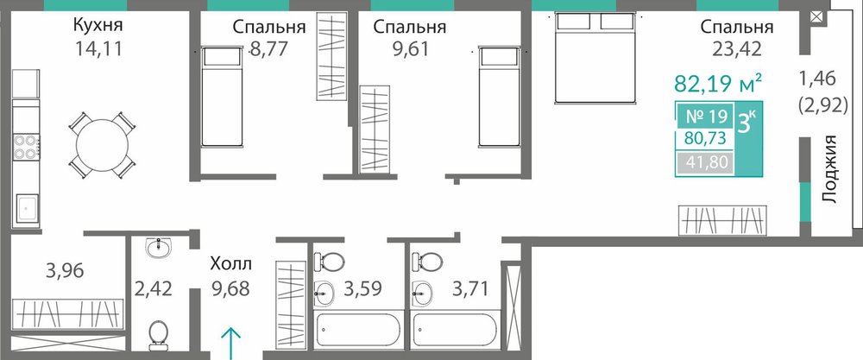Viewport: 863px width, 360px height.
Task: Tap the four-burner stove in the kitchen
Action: coord(26,147)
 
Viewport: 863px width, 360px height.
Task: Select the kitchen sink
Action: coord(27,209)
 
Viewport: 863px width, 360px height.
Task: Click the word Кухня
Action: coord(98,26)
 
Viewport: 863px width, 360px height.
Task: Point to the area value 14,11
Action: coord(98,49)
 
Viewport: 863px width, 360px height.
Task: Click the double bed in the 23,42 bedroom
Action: coord(595,58)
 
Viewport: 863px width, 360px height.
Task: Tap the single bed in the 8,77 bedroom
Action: coord(222,97)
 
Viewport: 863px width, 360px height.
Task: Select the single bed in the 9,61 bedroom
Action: coord(499,97)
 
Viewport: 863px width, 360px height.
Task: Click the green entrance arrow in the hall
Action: coord(231,343)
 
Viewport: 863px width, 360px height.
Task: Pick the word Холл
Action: coord(231,264)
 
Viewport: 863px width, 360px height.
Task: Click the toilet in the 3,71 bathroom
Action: coord(429,261)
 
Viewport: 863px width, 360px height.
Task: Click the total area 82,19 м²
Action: coord(718,84)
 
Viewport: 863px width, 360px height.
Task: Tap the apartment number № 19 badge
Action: coord(708,117)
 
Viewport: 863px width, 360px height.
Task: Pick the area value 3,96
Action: coord(65,271)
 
